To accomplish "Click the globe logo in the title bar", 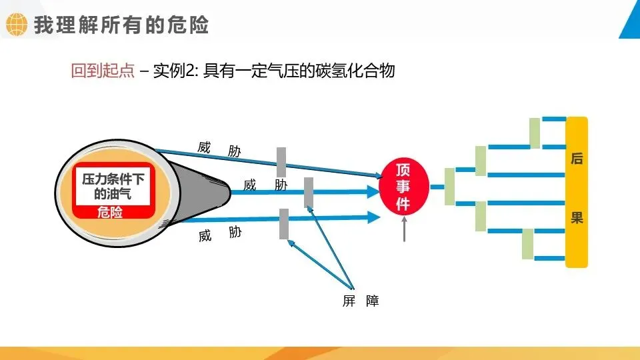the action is pyautogui.click(x=16, y=25).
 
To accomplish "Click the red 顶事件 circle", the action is pyautogui.click(x=403, y=187).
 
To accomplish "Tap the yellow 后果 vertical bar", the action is pyautogui.click(x=577, y=192).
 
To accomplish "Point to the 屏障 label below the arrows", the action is pyautogui.click(x=361, y=301).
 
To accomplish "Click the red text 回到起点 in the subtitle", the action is pyautogui.click(x=103, y=71).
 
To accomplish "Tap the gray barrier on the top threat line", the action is pyautogui.click(x=281, y=162).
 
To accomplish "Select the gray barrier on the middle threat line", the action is pyautogui.click(x=308, y=192).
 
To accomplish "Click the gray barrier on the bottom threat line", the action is pyautogui.click(x=284, y=223).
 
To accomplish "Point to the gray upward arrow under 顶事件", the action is pyautogui.click(x=403, y=230).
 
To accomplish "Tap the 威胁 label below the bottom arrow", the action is pyautogui.click(x=219, y=234).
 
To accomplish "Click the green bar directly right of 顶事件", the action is pyautogui.click(x=449, y=186).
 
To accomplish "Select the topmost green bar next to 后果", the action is pyautogui.click(x=535, y=133).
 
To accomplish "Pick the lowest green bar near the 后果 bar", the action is pyautogui.click(x=527, y=243).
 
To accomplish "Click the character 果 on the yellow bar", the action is pyautogui.click(x=577, y=218).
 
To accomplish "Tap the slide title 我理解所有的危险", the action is pyautogui.click(x=121, y=25).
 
